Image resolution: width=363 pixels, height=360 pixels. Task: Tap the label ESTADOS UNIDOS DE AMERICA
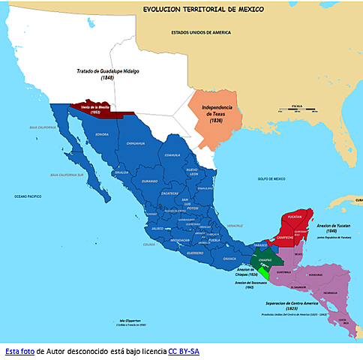tap(202, 32)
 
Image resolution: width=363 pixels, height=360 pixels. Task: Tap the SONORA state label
tap(101, 135)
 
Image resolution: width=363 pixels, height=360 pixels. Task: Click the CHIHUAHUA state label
tap(136, 142)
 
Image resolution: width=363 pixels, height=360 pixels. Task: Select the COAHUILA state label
tap(172, 155)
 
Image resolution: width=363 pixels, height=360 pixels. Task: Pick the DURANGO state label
tap(149, 181)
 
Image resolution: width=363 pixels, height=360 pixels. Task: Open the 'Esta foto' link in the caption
tap(19, 350)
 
